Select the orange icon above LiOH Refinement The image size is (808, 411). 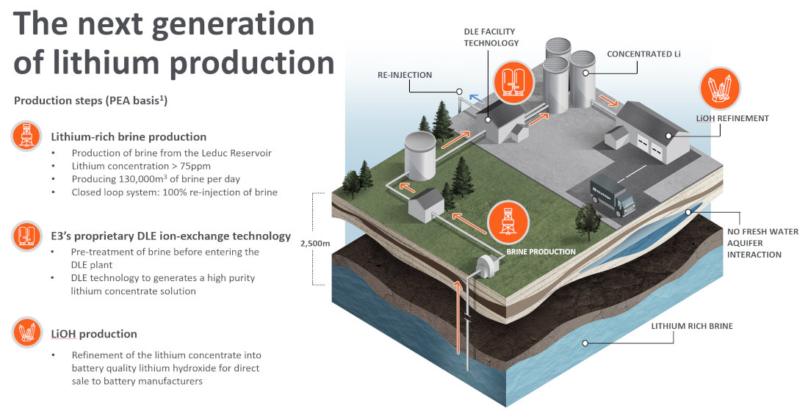coord(720,89)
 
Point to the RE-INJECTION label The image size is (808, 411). coord(405,75)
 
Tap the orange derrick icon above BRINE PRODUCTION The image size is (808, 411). coord(508,220)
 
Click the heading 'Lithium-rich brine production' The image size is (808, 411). coord(129,137)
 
